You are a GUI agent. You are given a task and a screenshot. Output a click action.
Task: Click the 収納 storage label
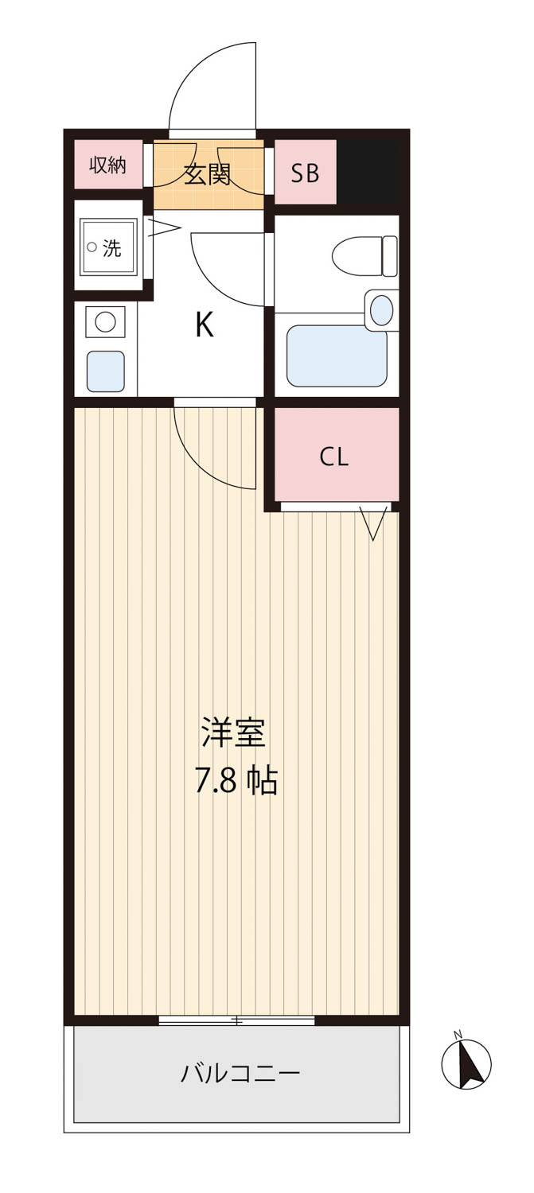click(107, 165)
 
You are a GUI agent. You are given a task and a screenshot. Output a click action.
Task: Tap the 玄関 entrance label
click(208, 174)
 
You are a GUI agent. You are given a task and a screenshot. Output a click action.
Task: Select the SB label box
click(306, 172)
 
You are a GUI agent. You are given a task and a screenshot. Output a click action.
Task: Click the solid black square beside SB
click(368, 172)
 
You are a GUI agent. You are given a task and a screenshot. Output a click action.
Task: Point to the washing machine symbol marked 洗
click(108, 247)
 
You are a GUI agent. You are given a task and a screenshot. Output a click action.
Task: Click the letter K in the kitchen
click(204, 324)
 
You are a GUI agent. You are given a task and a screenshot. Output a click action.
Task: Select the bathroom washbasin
click(381, 309)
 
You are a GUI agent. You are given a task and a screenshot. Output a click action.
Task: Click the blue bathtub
click(337, 356)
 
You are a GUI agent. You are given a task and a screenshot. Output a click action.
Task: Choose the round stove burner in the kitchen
click(105, 321)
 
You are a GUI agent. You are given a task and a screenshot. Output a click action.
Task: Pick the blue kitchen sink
click(106, 371)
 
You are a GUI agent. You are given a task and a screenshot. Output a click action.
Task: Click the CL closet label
click(334, 457)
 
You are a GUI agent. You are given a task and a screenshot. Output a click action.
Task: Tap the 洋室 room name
click(233, 733)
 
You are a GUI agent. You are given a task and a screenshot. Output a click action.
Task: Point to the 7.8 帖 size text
click(236, 782)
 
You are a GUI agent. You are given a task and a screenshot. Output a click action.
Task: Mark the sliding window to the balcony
click(236, 1020)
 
